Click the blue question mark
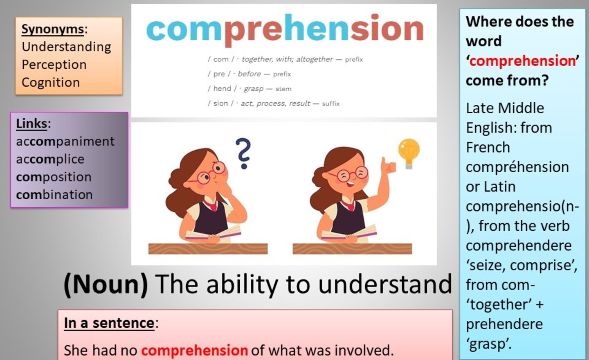point(243,153)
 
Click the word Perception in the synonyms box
point(54,64)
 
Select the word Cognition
point(51,82)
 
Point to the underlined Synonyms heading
point(53,29)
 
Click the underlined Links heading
point(31,124)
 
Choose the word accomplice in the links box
point(50,159)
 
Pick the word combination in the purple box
point(54,195)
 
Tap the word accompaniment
point(65,142)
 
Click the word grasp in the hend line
point(254,89)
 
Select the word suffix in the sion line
point(331,103)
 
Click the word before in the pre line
point(249,74)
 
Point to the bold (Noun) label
point(106,285)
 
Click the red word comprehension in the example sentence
point(195,350)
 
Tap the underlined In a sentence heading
point(109,323)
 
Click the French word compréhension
point(517,167)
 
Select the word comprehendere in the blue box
point(519,246)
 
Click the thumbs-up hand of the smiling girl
point(388,165)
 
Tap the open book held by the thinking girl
point(213,233)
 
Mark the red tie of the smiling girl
point(349,205)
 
